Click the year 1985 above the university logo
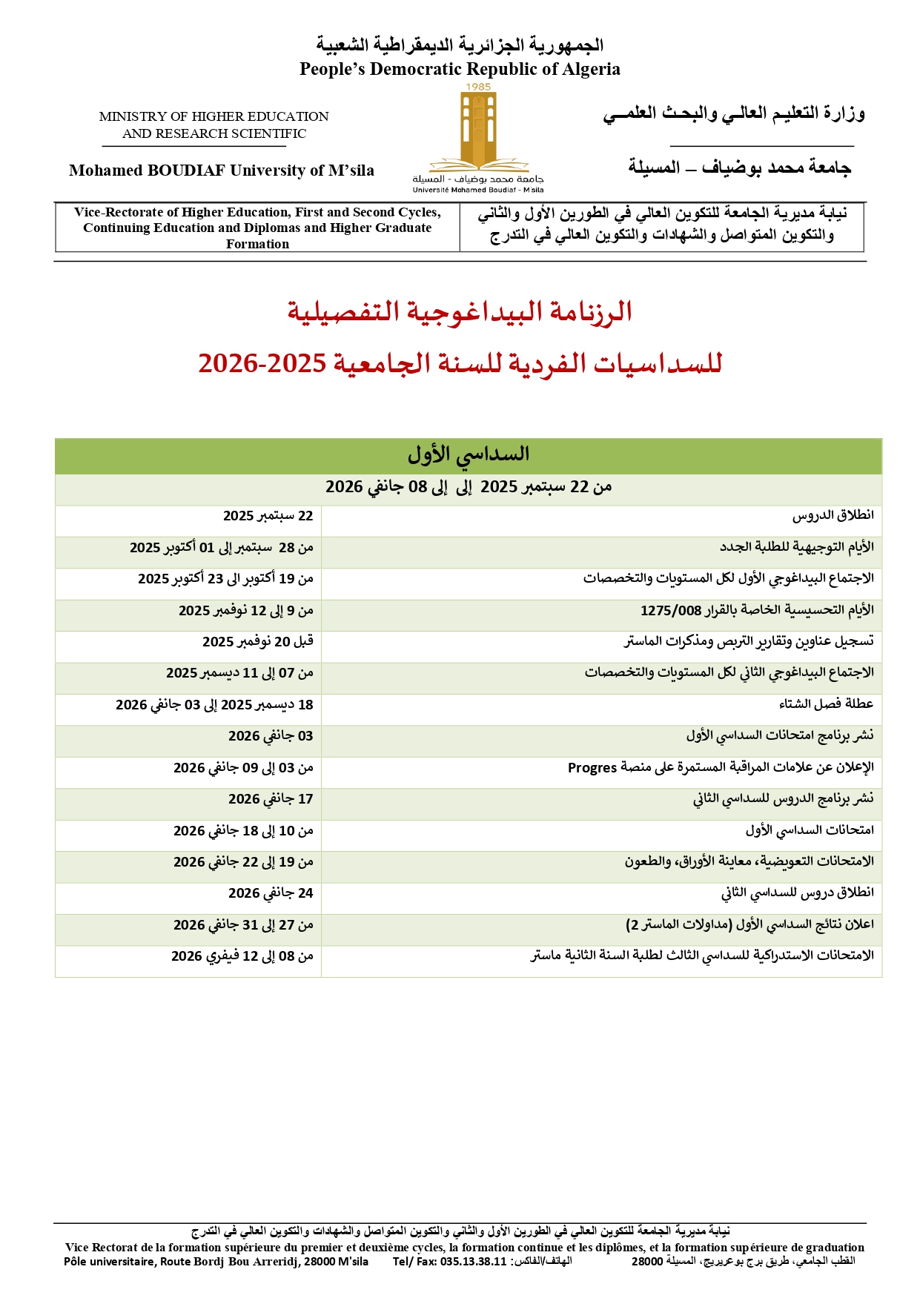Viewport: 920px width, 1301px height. point(478,87)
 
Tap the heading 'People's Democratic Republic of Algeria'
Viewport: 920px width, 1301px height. point(460,69)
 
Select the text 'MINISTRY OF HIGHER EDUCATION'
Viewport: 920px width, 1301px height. point(214,116)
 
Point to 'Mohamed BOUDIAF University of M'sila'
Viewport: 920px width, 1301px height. point(222,171)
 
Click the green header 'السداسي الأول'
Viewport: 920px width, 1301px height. point(468,454)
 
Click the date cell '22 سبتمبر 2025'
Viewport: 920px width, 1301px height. point(268,516)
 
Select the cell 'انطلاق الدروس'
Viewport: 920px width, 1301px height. point(833,515)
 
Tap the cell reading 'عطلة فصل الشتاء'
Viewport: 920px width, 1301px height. point(826,704)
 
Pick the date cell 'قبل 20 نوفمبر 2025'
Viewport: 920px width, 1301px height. point(258,641)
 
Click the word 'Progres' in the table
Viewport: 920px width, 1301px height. point(592,768)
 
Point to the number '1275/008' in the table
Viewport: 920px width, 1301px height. point(670,611)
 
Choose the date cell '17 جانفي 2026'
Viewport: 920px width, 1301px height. point(271,798)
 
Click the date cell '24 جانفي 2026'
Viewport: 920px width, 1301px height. point(271,893)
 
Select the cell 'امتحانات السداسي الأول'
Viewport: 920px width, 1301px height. point(810,830)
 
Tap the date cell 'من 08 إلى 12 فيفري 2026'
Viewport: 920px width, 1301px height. point(242,956)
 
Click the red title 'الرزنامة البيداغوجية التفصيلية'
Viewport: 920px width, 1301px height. point(460,311)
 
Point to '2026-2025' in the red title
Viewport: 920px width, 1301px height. point(262,363)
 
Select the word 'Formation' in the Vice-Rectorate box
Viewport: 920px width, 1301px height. point(257,244)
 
